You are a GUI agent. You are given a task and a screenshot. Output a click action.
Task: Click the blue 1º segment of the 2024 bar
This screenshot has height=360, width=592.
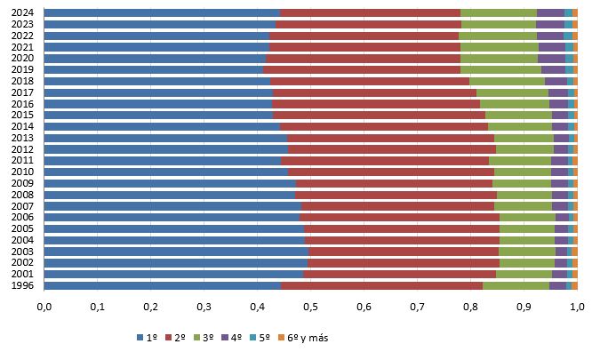161,12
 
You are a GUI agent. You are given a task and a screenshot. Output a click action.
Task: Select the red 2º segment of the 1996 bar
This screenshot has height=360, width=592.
381,285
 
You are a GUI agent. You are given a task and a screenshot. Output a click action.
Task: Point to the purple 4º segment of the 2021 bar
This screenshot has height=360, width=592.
552,46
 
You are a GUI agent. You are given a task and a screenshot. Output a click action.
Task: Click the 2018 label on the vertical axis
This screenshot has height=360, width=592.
23,81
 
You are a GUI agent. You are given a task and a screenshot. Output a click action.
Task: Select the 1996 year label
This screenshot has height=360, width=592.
23,285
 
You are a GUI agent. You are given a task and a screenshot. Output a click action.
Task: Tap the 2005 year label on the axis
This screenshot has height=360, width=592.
23,228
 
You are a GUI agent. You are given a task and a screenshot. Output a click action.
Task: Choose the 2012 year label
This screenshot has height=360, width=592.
23,148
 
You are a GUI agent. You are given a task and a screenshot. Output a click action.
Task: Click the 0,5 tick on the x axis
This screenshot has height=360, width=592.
310,307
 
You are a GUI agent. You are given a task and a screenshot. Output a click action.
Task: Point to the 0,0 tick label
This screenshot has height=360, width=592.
44,307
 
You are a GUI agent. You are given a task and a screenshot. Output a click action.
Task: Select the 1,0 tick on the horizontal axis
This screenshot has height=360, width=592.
577,307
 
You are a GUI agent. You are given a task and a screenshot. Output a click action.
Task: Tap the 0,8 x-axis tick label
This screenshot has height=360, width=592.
470,307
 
